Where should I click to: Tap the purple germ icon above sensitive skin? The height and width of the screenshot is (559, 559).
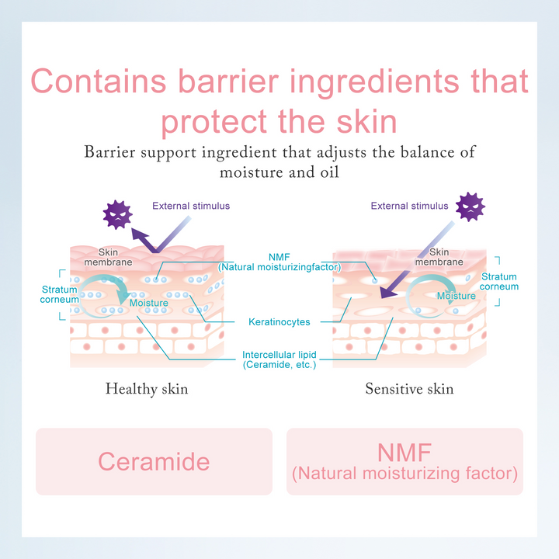[470, 207]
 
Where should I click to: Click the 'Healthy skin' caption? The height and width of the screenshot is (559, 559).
[147, 388]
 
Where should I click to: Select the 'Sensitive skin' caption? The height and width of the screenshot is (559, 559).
[409, 388]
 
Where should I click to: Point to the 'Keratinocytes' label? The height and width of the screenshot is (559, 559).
[279, 321]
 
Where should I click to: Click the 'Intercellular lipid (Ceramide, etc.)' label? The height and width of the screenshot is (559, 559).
[279, 359]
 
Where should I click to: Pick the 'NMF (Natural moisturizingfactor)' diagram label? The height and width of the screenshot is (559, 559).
[279, 262]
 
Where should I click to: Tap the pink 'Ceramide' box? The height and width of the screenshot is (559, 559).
[154, 461]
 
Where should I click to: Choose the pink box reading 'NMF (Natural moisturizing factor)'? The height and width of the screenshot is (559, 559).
[404, 461]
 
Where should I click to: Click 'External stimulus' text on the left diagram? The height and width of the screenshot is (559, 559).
[191, 206]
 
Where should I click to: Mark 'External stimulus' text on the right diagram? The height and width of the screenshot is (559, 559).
[409, 206]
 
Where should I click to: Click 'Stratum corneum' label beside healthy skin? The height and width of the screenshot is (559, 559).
[59, 293]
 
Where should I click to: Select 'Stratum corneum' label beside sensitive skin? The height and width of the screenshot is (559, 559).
[498, 281]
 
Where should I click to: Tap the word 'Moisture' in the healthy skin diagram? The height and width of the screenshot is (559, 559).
[149, 303]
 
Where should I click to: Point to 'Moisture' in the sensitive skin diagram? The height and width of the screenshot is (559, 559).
[456, 296]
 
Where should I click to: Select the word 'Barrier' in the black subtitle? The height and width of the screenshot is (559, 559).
[110, 151]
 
